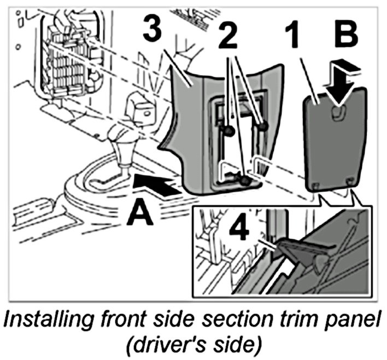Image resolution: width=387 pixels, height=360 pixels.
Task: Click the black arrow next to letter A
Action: (157, 185)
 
